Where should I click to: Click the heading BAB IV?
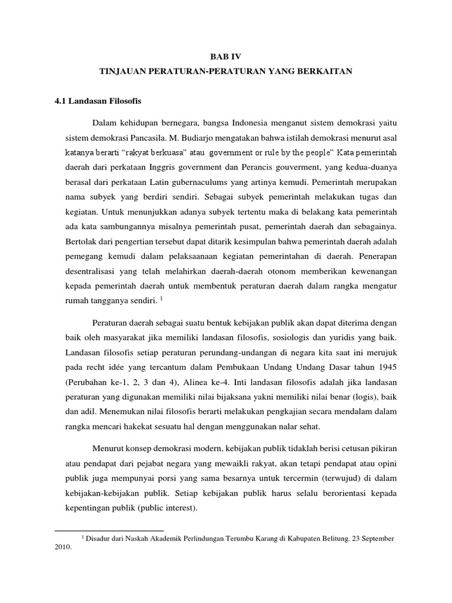point(226,57)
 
